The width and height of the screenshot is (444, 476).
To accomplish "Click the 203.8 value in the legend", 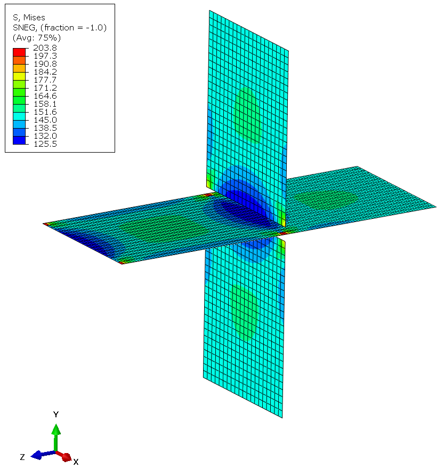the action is coord(45,47).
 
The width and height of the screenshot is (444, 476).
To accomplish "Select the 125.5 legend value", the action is coord(45,144).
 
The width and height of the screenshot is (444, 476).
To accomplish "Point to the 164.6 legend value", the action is coord(45,96).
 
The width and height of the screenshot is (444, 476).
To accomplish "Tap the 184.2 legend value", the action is coord(45,72).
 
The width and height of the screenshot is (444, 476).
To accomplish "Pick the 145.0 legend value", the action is coord(45,120).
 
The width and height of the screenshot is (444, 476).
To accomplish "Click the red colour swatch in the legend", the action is coord(19,52).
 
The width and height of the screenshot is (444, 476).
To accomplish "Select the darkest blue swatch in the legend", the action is coord(19,140).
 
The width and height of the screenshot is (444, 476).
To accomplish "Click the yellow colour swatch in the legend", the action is coord(19,76).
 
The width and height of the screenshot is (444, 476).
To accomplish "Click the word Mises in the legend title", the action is coord(34,18).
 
